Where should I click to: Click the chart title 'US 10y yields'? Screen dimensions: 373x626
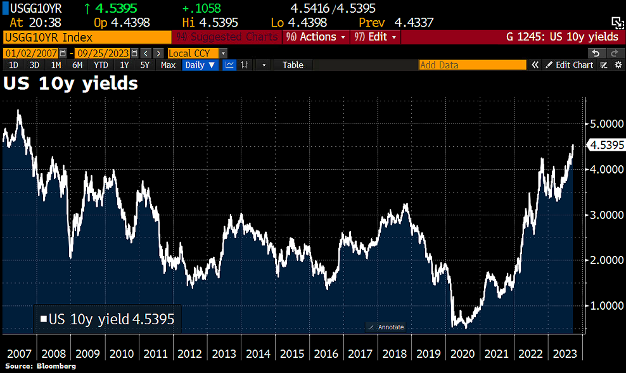71,83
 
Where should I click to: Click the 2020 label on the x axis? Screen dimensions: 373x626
458,353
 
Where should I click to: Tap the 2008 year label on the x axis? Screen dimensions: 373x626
53,353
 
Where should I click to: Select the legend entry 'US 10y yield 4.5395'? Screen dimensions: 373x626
107,318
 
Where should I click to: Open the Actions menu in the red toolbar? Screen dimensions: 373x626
316,37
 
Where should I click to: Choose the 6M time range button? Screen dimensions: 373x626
77,65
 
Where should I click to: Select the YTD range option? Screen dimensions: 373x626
101,65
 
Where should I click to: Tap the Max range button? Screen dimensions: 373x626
168,65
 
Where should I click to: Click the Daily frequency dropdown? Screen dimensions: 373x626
200,65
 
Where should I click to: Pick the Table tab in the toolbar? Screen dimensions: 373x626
293,65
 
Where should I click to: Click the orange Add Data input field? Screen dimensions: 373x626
472,65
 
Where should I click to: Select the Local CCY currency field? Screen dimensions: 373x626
193,53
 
